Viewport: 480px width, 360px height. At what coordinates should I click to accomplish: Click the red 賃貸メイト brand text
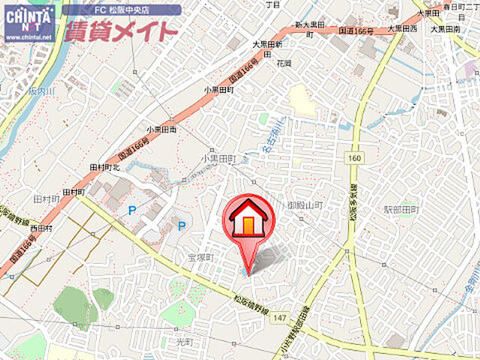(x=121, y=31)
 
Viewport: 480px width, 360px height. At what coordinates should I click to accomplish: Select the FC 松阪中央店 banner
(x=121, y=10)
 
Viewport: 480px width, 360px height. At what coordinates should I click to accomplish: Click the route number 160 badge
(x=354, y=157)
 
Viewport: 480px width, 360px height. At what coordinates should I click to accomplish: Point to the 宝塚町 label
(x=201, y=257)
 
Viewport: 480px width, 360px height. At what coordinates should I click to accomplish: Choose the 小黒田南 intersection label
(x=161, y=128)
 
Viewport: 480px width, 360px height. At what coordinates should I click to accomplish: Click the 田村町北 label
(x=105, y=166)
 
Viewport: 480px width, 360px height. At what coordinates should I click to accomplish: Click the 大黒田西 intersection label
(x=402, y=28)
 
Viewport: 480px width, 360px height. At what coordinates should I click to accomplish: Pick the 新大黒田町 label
(x=308, y=30)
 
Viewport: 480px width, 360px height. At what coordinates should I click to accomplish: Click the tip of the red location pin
(x=248, y=273)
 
